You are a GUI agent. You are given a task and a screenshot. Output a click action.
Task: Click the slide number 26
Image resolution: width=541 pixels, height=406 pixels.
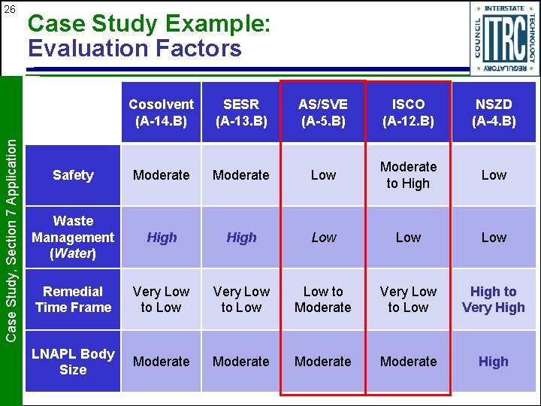coord(9,9)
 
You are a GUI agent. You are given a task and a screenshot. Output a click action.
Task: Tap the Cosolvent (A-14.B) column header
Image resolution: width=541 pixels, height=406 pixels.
coord(161,112)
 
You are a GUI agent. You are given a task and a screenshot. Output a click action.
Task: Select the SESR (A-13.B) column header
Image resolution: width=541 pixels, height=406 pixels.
coord(241,112)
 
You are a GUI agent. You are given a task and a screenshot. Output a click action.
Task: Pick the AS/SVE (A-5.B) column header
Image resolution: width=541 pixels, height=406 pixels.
coord(323,112)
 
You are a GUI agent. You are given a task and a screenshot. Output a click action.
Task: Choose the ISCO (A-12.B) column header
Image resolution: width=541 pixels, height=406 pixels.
coord(408,112)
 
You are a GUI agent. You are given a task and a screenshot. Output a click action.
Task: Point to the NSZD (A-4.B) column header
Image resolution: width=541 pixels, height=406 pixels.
coord(494,112)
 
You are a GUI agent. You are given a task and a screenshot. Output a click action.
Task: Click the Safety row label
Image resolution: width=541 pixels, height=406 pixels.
coord(73,175)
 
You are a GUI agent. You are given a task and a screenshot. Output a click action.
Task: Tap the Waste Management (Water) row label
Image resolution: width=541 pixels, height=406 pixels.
coord(73,237)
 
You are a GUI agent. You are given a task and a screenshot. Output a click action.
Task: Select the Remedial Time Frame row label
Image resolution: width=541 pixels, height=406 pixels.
coord(73,299)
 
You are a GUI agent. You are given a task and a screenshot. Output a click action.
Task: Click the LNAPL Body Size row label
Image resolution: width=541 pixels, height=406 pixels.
coord(73,361)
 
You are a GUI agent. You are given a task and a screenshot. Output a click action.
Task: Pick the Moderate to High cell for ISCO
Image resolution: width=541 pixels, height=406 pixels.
coord(408,175)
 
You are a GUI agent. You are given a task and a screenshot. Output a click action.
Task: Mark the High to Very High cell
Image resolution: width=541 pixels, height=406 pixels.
coord(494,299)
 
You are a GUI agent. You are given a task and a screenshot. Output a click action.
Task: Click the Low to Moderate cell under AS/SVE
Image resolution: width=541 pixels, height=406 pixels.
coord(323,299)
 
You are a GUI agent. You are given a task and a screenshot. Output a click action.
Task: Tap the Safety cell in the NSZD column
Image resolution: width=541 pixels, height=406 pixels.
coord(494,175)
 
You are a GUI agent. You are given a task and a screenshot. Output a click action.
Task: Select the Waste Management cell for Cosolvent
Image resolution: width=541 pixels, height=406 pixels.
coord(161,238)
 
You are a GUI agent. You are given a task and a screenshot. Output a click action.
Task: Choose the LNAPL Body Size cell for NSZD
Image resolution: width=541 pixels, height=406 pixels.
coord(494,362)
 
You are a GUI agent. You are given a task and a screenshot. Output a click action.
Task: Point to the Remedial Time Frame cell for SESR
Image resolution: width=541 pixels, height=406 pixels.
coord(241,299)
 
